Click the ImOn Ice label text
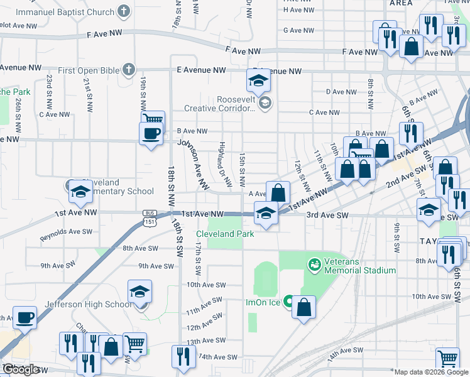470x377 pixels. (x=263, y=302)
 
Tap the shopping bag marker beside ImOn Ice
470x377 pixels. (x=304, y=307)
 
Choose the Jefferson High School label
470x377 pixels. (x=88, y=305)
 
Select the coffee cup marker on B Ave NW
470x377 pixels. (x=151, y=134)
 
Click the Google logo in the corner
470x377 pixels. (x=21, y=369)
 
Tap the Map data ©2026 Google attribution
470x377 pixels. (x=431, y=372)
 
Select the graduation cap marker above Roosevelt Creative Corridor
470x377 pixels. (x=257, y=81)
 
